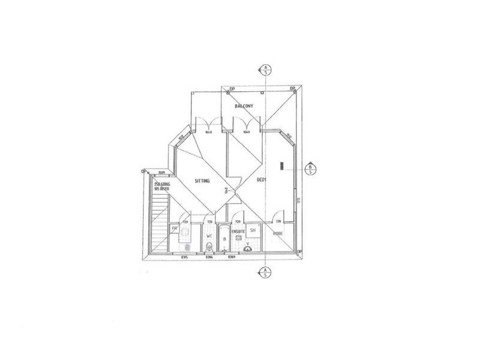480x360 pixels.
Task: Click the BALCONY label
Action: click(244, 106)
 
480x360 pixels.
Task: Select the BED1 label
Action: click(262, 180)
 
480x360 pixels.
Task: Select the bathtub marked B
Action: click(224, 239)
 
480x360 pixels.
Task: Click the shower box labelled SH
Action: click(253, 230)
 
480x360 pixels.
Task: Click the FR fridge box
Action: click(175, 229)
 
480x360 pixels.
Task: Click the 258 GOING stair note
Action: click(162, 186)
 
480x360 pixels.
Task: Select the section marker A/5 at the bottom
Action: click(264, 273)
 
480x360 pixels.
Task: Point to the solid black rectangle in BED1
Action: click(281, 166)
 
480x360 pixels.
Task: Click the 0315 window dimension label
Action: click(185, 257)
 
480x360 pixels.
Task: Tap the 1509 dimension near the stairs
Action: click(161, 172)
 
